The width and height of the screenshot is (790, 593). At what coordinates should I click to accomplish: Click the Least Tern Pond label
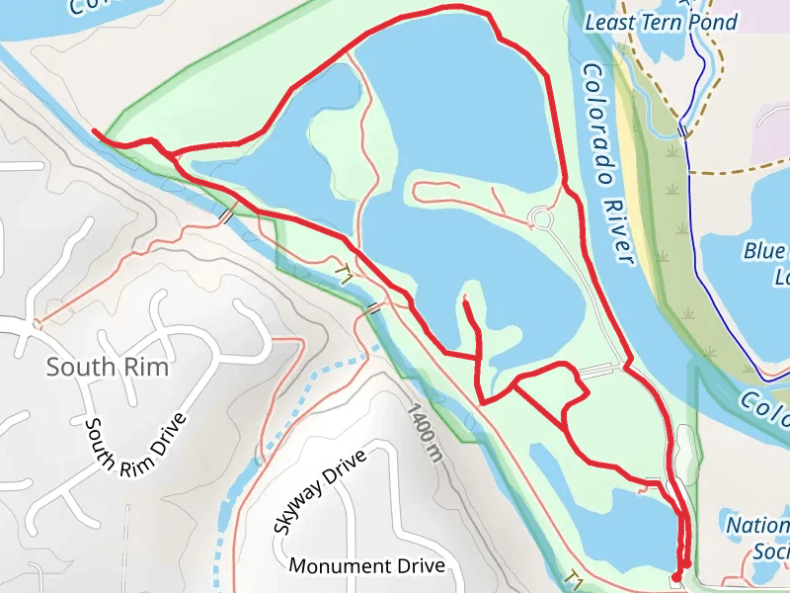point(661,22)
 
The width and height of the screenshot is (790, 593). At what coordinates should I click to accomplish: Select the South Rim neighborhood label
point(107,368)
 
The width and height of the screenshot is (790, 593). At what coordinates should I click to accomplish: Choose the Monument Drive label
point(366,566)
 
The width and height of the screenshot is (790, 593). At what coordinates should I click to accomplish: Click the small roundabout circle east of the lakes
point(540,217)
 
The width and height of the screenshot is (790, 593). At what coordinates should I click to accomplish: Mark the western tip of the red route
point(93,130)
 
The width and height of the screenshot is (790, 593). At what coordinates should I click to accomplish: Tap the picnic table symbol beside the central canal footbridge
point(343,271)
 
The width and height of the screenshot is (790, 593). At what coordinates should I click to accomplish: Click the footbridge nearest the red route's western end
point(227,215)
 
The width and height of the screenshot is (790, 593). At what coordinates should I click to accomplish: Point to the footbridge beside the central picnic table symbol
point(372,310)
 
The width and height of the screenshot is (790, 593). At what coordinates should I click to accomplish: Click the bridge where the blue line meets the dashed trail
point(682,130)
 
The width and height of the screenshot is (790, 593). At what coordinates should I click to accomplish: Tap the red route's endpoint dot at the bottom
point(676,575)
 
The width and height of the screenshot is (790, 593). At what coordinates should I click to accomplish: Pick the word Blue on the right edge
point(763,251)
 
